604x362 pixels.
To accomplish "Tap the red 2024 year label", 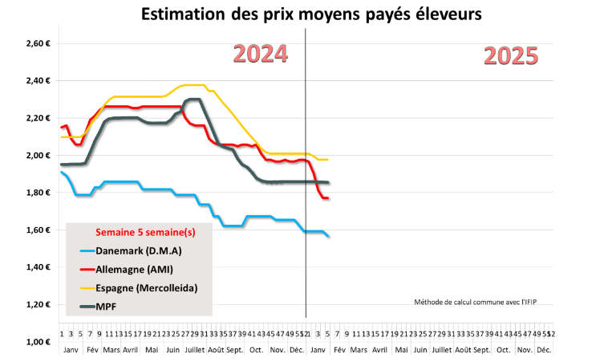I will click(260, 54).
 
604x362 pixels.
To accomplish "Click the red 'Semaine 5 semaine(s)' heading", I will click(145, 232).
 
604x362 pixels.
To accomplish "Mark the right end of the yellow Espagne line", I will click(328, 160).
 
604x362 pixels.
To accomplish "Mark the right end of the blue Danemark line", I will click(328, 236).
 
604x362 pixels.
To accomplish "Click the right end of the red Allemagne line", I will click(328, 198).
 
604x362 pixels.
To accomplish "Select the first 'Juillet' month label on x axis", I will click(194, 351).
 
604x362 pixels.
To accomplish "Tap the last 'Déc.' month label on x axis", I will click(543, 351).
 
